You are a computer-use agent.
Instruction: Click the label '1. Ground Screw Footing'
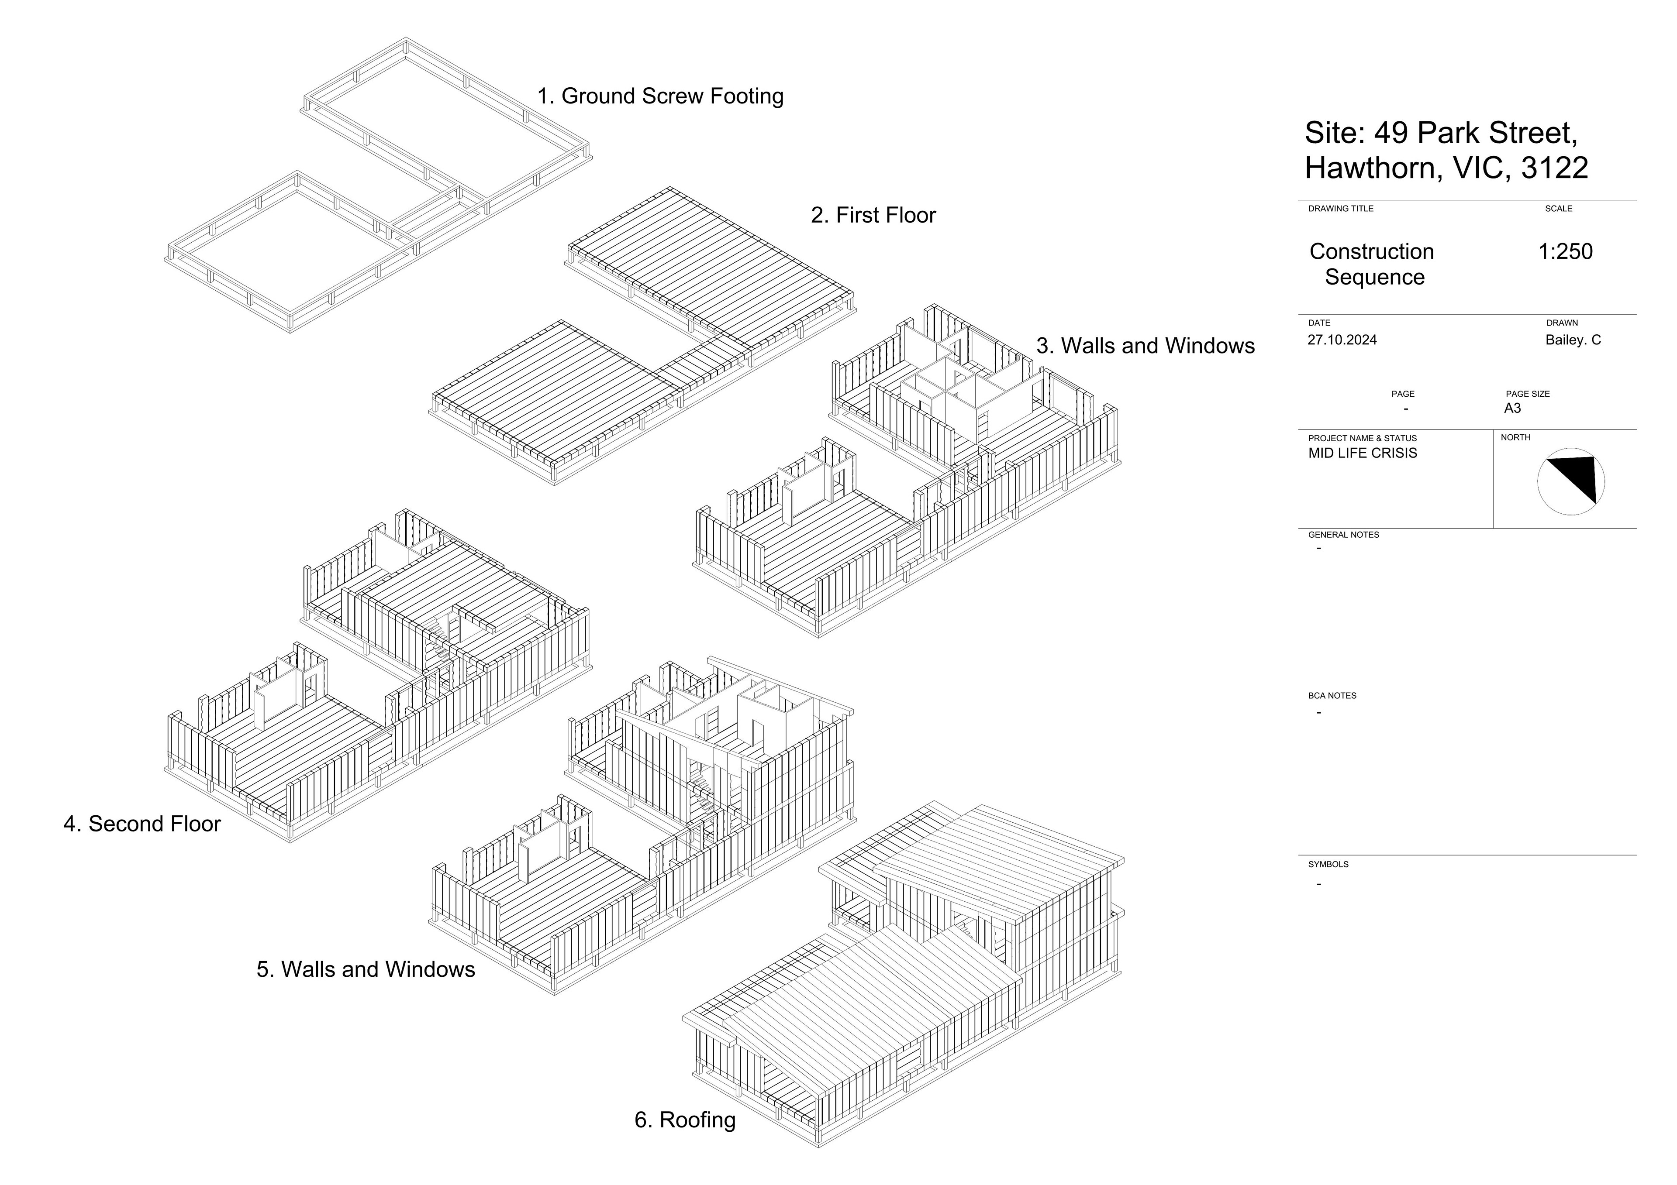[660, 96]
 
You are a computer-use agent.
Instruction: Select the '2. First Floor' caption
[873, 215]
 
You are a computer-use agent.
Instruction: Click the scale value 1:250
[1565, 252]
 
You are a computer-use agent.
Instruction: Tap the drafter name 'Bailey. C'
[1573, 340]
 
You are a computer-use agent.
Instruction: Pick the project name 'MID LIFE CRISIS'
[1362, 453]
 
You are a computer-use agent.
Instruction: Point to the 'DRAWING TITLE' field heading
[1340, 209]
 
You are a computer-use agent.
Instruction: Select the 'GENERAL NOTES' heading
[1343, 535]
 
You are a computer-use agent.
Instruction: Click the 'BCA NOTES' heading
[1332, 696]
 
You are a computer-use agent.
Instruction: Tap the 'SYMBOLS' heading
[1328, 865]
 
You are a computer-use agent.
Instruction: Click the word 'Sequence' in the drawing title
[1375, 278]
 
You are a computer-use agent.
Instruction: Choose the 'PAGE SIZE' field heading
[1527, 394]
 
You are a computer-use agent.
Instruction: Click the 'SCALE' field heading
[1558, 209]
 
